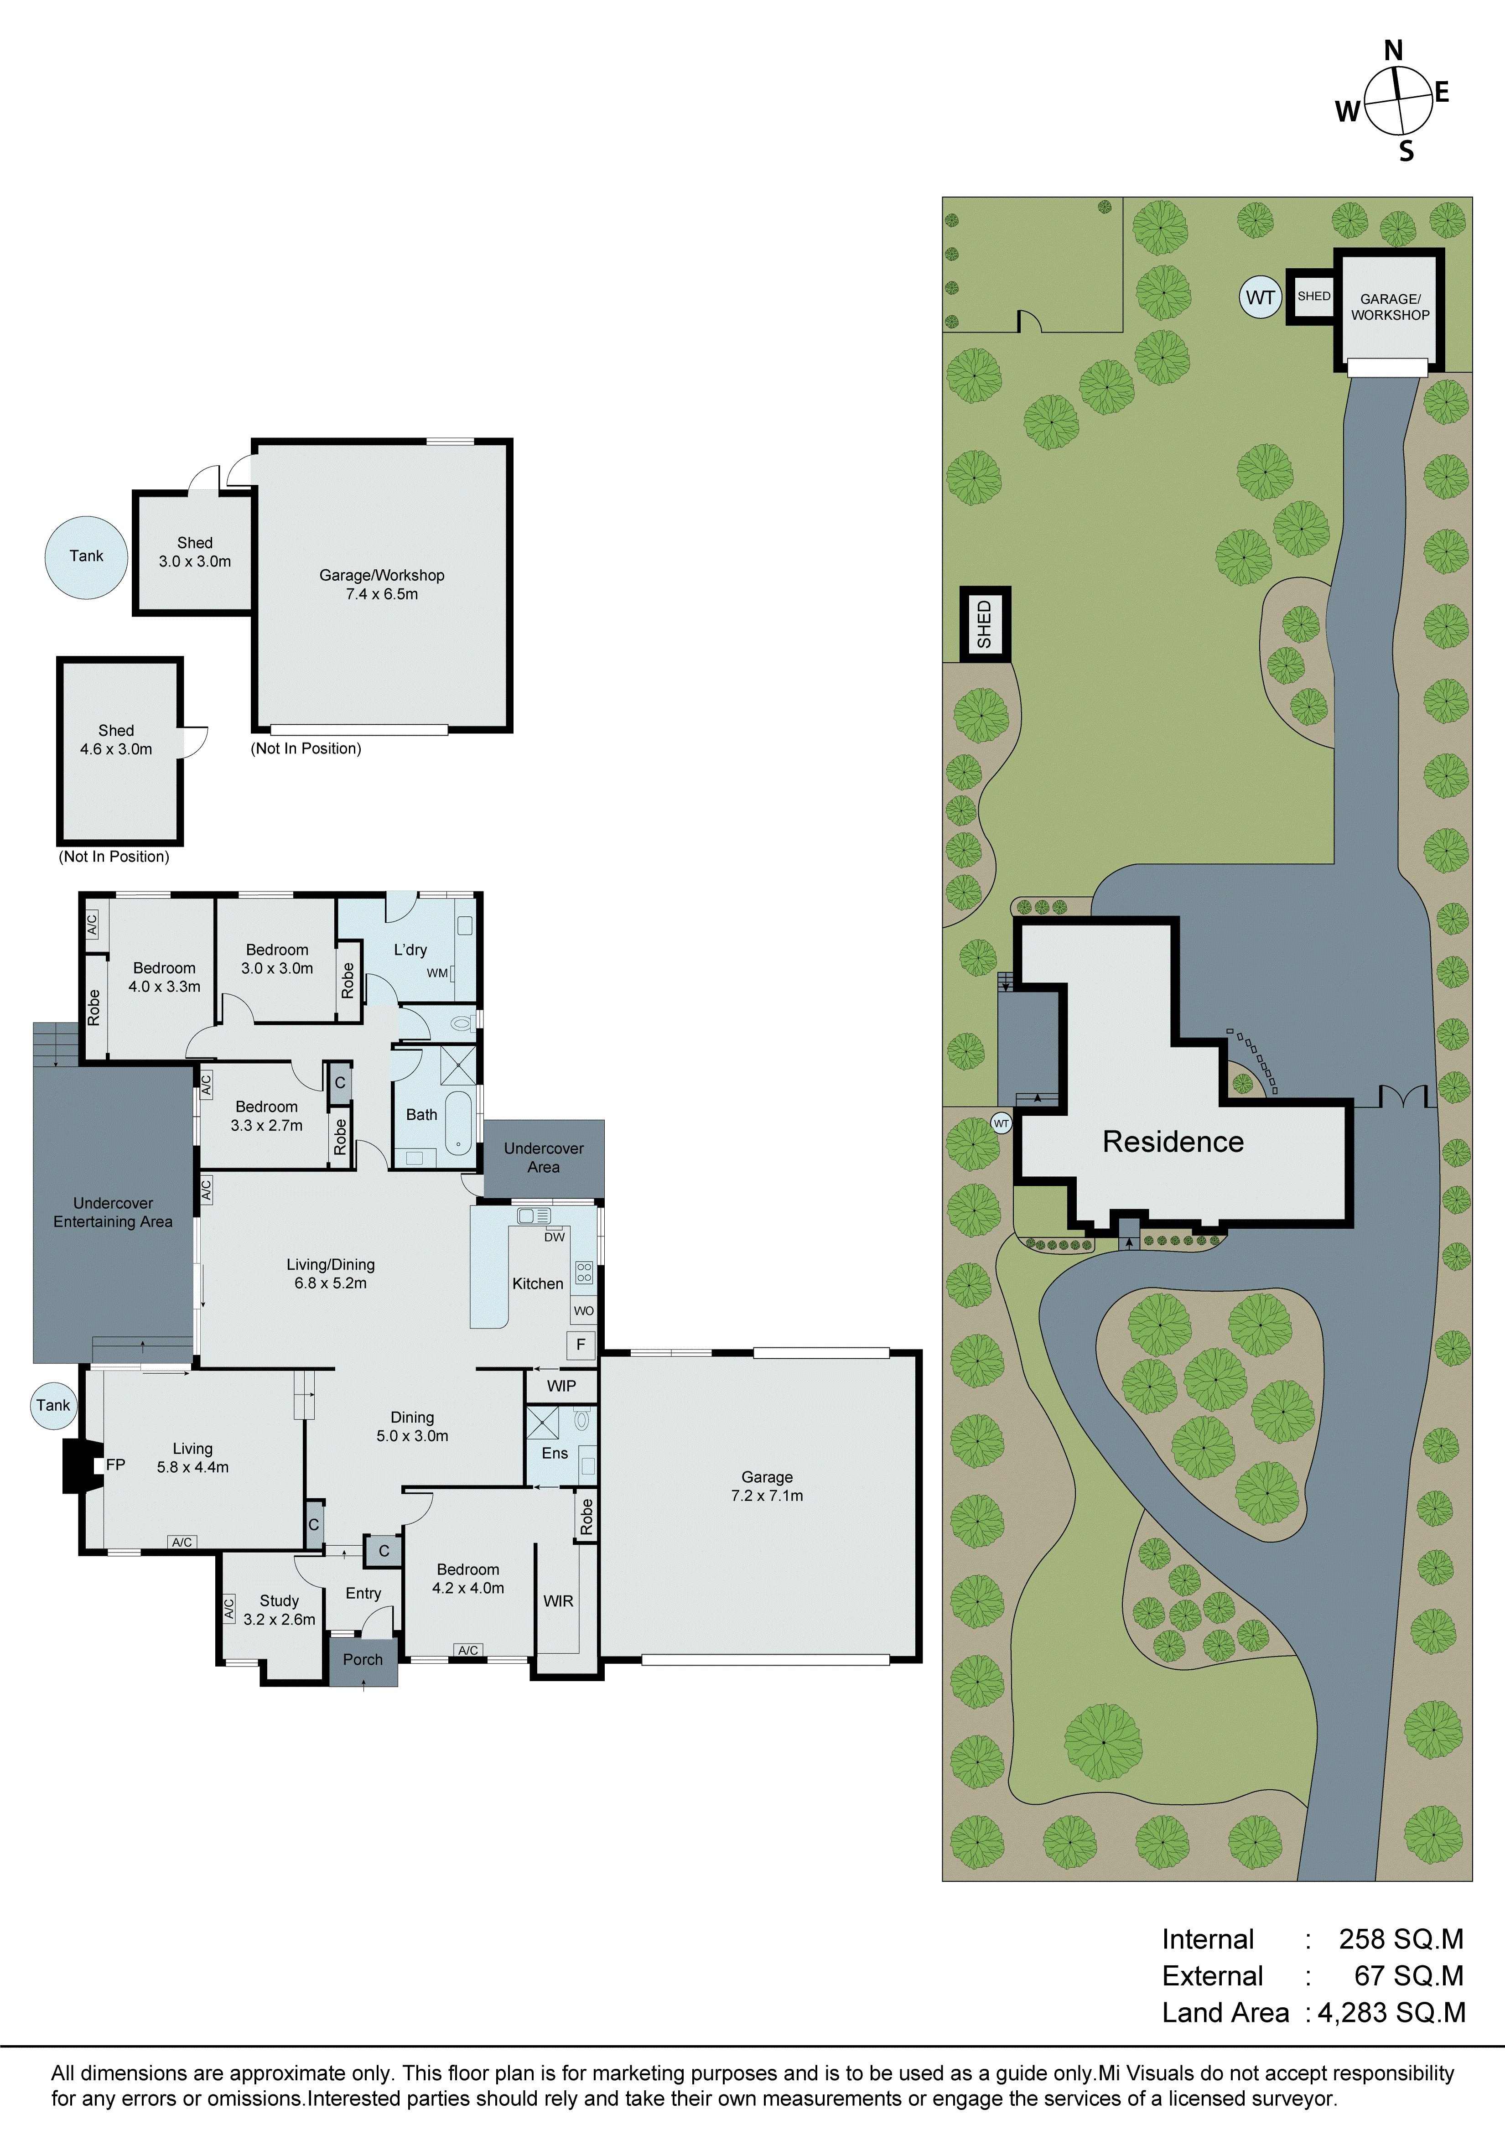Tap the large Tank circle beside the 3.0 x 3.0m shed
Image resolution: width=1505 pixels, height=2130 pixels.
click(86, 556)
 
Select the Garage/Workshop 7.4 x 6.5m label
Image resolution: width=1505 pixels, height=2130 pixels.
click(381, 584)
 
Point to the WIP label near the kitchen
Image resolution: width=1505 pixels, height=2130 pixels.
click(561, 1386)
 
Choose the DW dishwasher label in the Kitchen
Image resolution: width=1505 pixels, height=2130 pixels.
click(554, 1236)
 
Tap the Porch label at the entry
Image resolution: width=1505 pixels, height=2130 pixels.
click(363, 1660)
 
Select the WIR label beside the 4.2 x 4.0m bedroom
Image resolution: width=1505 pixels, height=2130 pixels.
click(558, 1601)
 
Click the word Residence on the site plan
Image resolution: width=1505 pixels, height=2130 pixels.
click(1173, 1142)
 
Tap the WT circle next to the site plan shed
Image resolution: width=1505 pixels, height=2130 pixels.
click(1260, 298)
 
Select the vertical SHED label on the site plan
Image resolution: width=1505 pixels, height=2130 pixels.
click(985, 623)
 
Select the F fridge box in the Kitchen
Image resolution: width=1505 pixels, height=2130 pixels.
click(581, 1344)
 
